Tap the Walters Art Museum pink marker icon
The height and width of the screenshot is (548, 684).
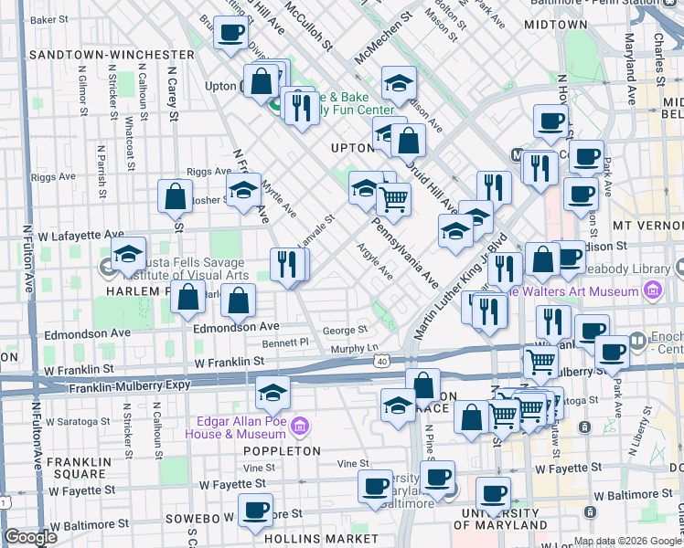pos(653,291)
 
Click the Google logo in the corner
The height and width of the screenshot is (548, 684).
pos(29,536)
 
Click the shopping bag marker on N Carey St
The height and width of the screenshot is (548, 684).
pos(175,196)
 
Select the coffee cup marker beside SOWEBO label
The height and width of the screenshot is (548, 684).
pos(255,511)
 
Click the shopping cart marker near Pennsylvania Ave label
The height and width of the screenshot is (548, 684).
pos(393,199)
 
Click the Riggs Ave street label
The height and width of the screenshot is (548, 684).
pos(208,171)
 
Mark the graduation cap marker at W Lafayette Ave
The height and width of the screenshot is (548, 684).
pos(129,254)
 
